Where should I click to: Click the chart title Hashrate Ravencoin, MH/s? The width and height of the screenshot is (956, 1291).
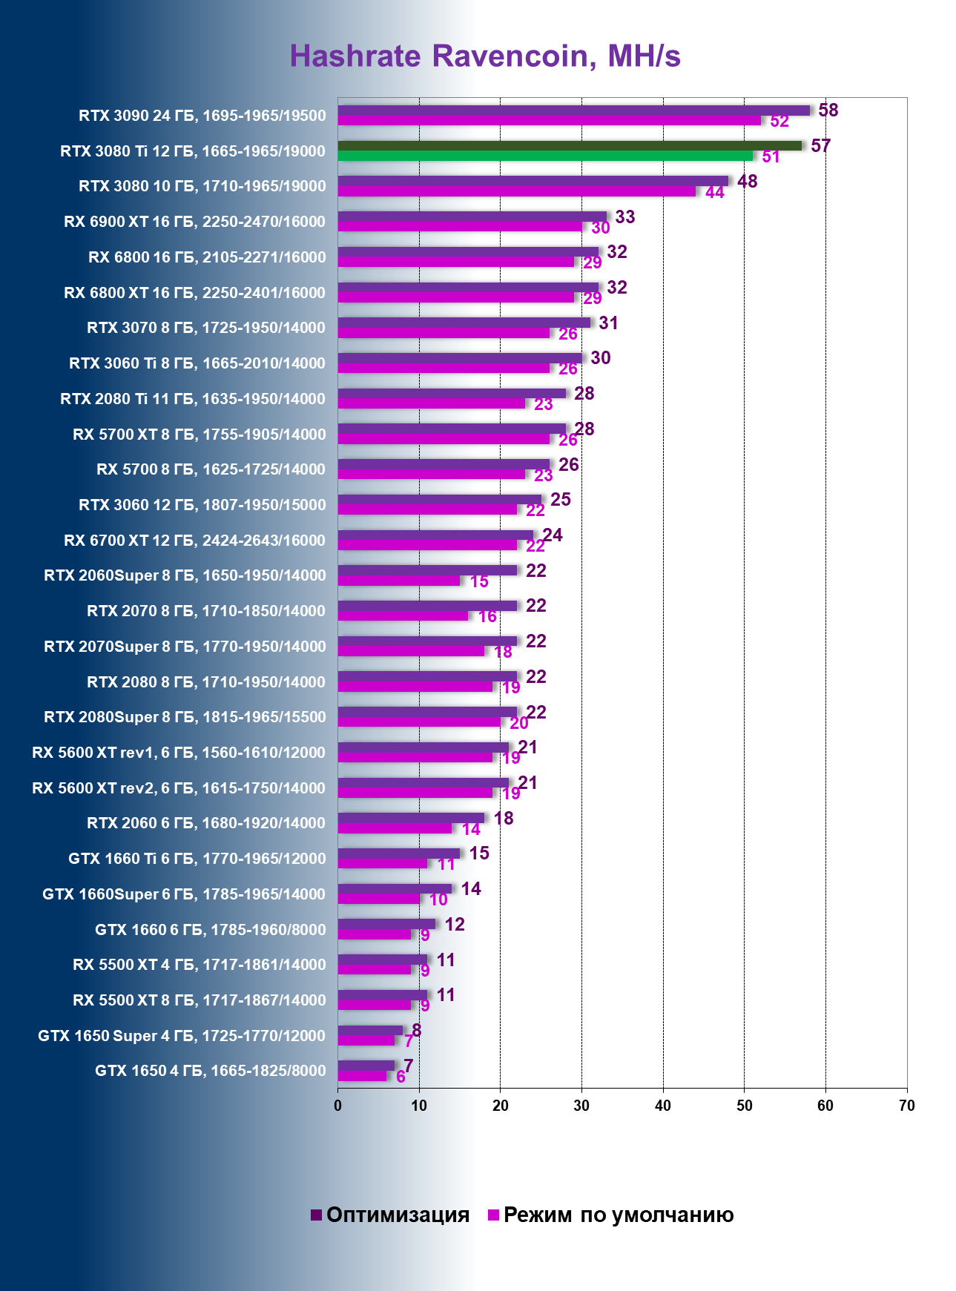tap(485, 56)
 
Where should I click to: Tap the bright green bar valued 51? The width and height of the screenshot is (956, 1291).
tap(545, 156)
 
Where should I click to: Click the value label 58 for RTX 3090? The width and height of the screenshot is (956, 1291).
tap(828, 110)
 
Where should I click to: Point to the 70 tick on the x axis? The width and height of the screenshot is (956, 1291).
tap(906, 1106)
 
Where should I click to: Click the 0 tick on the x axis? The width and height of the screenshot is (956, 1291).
tap(338, 1106)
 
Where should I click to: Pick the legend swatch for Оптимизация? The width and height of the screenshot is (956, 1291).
tap(317, 1215)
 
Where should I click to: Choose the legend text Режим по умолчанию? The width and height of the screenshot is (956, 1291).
tap(618, 1215)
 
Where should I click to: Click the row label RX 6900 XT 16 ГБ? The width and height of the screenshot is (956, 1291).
tap(194, 221)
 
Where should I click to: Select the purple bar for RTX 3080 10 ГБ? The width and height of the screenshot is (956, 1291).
tap(533, 181)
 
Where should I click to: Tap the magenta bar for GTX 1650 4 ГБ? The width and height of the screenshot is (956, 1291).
tap(362, 1075)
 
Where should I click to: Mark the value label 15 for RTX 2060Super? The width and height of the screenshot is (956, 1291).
tap(479, 581)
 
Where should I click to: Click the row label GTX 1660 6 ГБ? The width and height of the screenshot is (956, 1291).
tap(210, 929)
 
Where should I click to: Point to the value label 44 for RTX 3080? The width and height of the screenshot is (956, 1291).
tap(714, 193)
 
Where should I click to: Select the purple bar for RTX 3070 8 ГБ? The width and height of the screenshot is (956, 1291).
tap(464, 323)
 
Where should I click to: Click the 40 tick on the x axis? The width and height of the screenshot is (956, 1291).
tap(663, 1106)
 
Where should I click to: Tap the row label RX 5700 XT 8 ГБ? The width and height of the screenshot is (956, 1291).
tap(199, 434)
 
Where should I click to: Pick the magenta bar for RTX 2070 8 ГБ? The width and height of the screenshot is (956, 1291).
tap(403, 615)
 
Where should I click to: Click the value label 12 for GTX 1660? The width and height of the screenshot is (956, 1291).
tap(454, 924)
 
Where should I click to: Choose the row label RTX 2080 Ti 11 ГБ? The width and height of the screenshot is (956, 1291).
tap(193, 399)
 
